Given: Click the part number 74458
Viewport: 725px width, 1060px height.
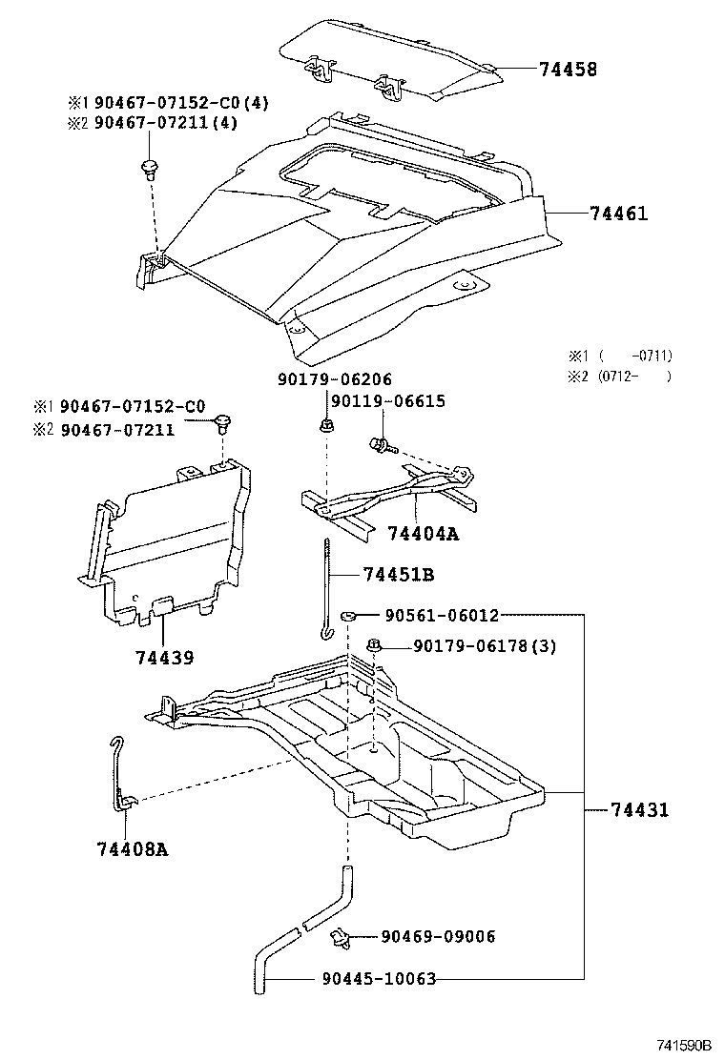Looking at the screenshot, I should coord(568,70).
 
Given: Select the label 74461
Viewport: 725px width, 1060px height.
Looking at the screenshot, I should coord(618,214).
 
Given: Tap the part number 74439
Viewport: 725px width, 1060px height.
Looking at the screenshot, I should coord(164,659).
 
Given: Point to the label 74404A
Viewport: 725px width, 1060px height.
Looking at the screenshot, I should coord(423,535).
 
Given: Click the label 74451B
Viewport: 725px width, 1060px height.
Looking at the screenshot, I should coord(399,574).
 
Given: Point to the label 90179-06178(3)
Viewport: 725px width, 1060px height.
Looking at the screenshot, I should coord(485,647).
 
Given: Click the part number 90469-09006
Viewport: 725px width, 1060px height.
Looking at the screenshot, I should coord(438,937).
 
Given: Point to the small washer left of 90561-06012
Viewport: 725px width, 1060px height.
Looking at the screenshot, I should coord(349,618).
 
